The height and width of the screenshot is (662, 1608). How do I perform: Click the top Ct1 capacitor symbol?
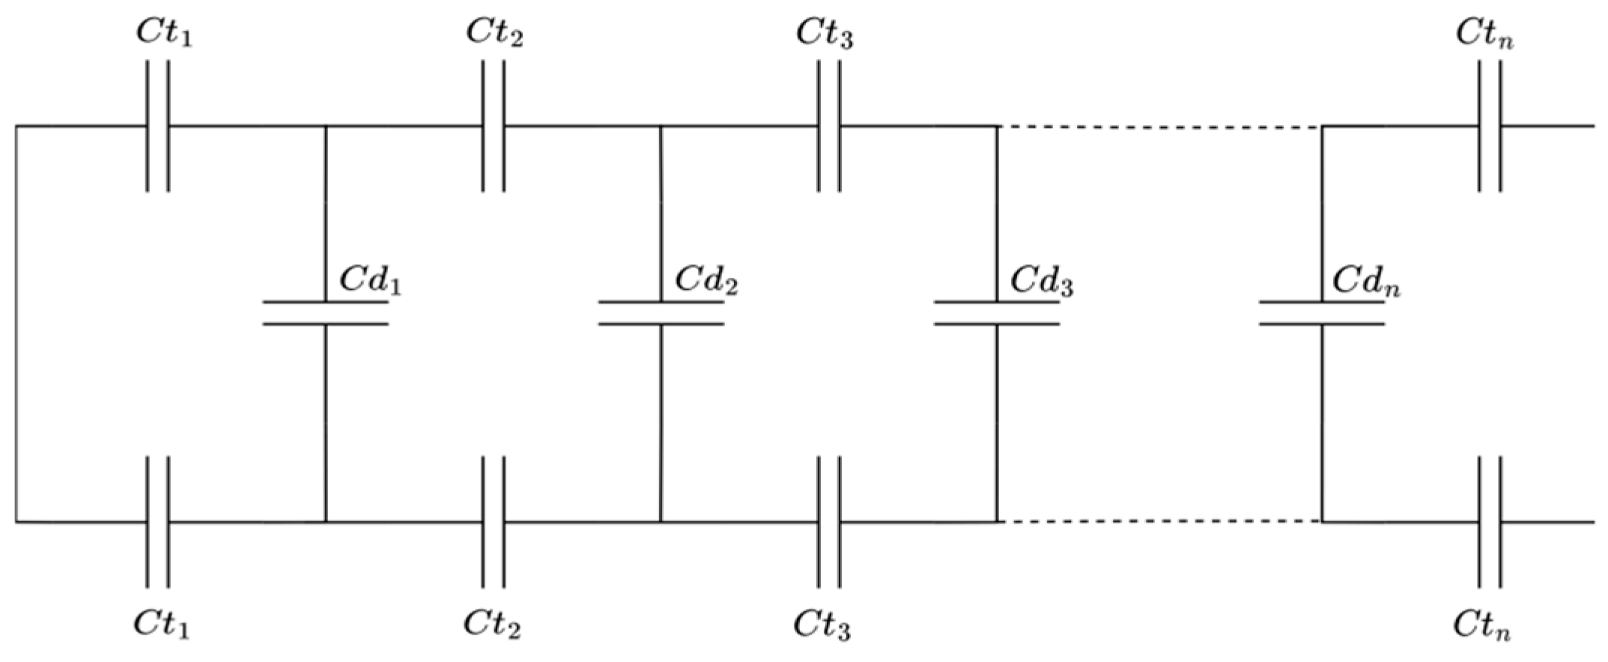[x=157, y=126]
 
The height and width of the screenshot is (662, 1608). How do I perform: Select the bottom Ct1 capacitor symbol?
[x=157, y=521]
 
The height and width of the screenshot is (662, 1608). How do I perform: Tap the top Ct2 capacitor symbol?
[x=493, y=126]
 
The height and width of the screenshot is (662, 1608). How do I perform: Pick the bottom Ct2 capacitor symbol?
[x=493, y=521]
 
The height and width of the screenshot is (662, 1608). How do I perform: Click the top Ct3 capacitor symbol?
[x=828, y=126]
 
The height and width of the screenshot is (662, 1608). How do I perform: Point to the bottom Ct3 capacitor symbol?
[x=828, y=521]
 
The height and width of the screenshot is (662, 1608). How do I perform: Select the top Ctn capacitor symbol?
[x=1490, y=126]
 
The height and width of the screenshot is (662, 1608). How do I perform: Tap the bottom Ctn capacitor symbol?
[x=1490, y=521]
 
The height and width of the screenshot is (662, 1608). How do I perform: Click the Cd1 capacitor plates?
[x=325, y=313]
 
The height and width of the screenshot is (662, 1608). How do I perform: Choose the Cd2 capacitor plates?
[x=661, y=313]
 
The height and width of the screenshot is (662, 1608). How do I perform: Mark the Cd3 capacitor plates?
[x=996, y=313]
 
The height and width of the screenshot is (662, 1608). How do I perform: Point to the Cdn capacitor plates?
[x=1322, y=313]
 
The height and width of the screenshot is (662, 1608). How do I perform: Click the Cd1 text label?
[x=370, y=280]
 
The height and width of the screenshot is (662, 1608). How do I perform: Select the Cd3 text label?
[x=1041, y=280]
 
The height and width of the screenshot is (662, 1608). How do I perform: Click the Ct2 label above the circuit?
[x=494, y=33]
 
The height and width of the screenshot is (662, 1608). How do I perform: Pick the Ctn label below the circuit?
[x=1482, y=625]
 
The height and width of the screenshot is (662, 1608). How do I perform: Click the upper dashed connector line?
[x=1159, y=127]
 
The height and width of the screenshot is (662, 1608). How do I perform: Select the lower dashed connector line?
[x=1159, y=521]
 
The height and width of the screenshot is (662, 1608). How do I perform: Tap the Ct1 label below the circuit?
[x=162, y=625]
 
